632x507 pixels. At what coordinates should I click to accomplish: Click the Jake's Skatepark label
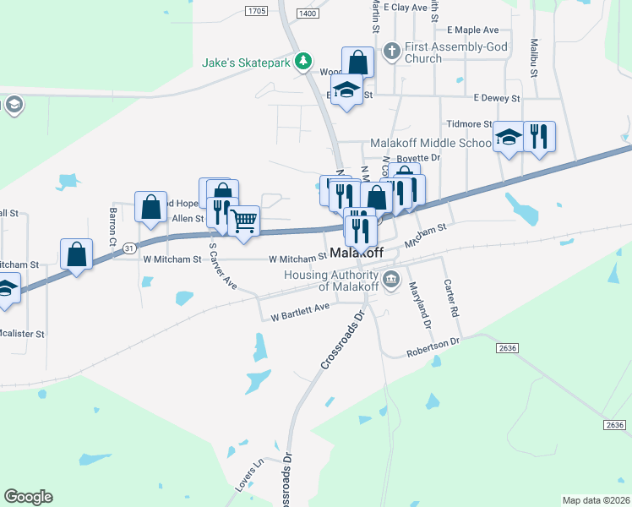click(x=246, y=62)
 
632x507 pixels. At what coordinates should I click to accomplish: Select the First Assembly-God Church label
click(x=456, y=52)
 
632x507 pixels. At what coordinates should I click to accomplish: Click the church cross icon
click(x=391, y=51)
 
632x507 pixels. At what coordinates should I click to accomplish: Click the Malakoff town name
click(x=357, y=253)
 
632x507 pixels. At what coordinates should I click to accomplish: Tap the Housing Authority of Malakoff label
click(x=330, y=281)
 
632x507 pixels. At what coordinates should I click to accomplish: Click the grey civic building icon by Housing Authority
click(x=391, y=281)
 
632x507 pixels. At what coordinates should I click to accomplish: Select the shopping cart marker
click(x=243, y=221)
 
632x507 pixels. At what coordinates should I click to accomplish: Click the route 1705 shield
click(x=257, y=11)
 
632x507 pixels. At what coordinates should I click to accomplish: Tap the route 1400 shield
click(x=309, y=14)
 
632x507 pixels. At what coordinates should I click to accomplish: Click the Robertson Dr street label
click(x=432, y=349)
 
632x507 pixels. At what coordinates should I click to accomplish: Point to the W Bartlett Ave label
click(x=300, y=313)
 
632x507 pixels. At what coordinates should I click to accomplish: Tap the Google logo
click(x=28, y=496)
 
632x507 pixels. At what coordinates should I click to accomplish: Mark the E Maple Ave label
click(x=473, y=30)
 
